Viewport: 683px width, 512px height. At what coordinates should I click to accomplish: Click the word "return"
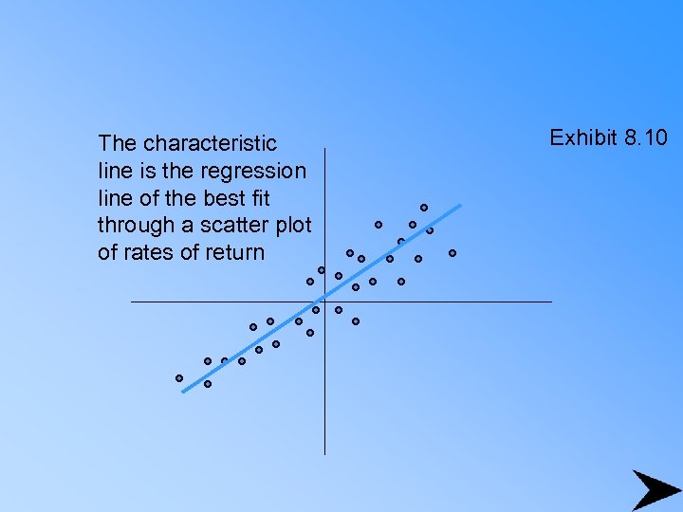236,253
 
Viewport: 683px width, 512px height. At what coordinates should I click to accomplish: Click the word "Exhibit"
583,138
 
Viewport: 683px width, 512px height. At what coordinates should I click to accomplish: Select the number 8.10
646,138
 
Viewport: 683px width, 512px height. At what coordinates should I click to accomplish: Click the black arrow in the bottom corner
654,489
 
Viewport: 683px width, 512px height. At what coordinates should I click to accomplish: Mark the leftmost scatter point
179,378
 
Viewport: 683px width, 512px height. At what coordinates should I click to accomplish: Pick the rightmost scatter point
452,253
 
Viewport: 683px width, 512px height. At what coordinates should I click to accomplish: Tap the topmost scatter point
424,208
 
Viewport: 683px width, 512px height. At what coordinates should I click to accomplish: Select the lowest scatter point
208,384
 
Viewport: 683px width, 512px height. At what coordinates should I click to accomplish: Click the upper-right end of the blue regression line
460,205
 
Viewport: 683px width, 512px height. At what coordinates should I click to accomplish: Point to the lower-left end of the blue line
183,390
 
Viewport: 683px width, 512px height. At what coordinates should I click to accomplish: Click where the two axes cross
324,302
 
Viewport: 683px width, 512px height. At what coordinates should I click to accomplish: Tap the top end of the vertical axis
324,149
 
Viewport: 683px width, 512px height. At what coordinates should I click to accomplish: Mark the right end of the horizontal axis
550,302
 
